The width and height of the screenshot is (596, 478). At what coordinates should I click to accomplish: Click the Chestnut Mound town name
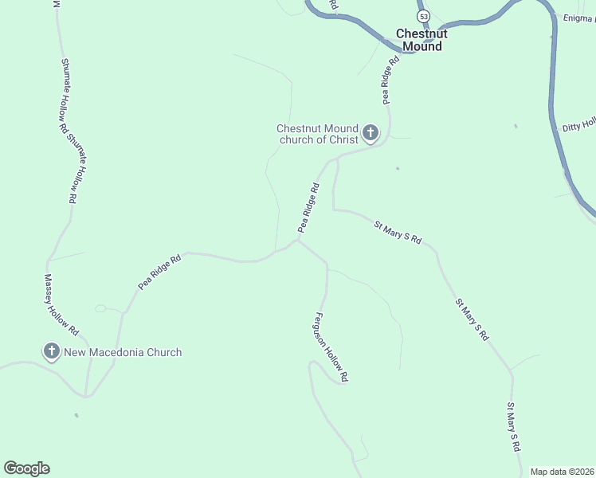422,40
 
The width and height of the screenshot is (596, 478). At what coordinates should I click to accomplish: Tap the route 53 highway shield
422,16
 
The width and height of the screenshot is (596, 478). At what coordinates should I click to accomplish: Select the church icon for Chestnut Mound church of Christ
371,133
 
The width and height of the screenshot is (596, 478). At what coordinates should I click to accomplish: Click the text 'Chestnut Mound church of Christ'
318,134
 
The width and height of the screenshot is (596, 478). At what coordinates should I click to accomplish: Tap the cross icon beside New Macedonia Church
52,351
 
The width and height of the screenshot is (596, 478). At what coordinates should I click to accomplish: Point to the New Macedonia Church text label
123,352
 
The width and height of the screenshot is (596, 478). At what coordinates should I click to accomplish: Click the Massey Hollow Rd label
61,304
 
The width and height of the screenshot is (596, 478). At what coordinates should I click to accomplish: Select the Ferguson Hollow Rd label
331,347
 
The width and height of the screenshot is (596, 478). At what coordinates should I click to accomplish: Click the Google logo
26,468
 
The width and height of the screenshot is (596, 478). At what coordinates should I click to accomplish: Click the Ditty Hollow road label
579,125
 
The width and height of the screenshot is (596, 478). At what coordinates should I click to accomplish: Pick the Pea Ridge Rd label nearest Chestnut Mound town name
390,80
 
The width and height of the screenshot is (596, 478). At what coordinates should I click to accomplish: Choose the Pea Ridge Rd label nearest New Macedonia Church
160,272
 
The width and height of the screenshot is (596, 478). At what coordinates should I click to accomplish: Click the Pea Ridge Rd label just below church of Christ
308,208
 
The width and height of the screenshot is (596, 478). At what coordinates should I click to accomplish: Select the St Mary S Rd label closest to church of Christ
397,233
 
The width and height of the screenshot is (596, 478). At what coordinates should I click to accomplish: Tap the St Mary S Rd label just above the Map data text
514,428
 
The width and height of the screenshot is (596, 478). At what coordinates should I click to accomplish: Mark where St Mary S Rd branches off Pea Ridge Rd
337,159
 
